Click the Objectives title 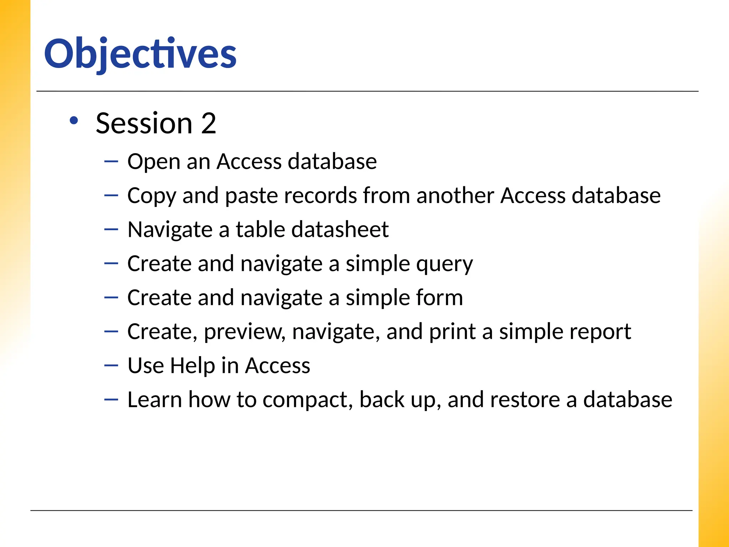pos(140,54)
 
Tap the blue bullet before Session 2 pos(74,121)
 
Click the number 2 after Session pos(209,123)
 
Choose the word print pos(452,332)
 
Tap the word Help pos(193,366)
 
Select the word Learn pos(154,400)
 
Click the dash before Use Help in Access pos(111,365)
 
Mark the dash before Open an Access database pos(111,161)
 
